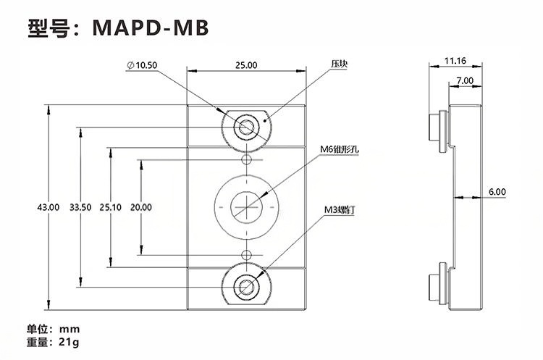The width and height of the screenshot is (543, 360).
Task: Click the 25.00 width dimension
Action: click(246, 65)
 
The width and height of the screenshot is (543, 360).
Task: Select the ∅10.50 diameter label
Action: click(141, 65)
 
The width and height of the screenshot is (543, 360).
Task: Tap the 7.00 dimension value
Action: click(465, 80)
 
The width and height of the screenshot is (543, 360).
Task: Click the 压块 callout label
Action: click(340, 64)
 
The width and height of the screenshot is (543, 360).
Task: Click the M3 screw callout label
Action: click(339, 210)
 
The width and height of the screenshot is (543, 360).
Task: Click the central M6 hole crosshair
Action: click(246, 207)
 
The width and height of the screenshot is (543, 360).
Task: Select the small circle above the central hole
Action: click(246, 159)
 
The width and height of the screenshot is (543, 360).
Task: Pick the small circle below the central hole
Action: click(246, 254)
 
